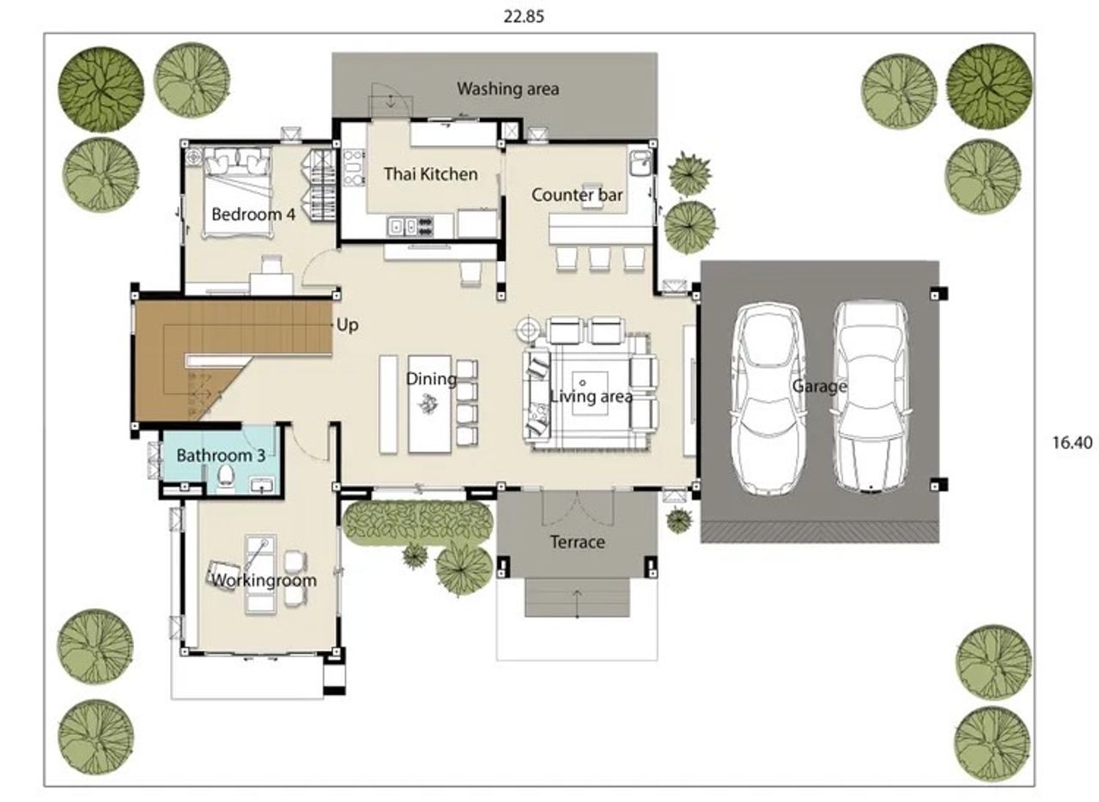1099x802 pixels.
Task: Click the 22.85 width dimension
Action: [x=524, y=16]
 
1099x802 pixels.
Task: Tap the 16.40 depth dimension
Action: [x=1072, y=442]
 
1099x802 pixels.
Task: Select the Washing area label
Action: [x=507, y=88]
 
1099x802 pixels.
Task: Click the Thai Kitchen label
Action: [x=430, y=173]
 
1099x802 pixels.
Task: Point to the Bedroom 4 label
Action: [x=253, y=214]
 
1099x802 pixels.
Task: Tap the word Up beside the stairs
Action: [x=348, y=325]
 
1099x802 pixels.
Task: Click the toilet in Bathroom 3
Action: [x=226, y=477]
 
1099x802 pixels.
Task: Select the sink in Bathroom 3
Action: [x=264, y=485]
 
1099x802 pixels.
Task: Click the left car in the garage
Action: [x=767, y=398]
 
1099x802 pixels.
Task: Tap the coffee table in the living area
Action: [x=589, y=392]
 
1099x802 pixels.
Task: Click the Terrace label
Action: [x=577, y=543]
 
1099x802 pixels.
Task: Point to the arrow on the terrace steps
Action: [x=577, y=604]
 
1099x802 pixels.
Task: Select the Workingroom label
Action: [x=264, y=580]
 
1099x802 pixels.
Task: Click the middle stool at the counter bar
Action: [x=599, y=258]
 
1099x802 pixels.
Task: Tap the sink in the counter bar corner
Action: [x=641, y=162]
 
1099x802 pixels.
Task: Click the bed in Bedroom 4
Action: [x=238, y=193]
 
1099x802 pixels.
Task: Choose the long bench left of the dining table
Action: [x=388, y=404]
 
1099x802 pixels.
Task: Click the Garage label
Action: [x=819, y=386]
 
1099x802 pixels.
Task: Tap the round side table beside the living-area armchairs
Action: [x=527, y=330]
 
